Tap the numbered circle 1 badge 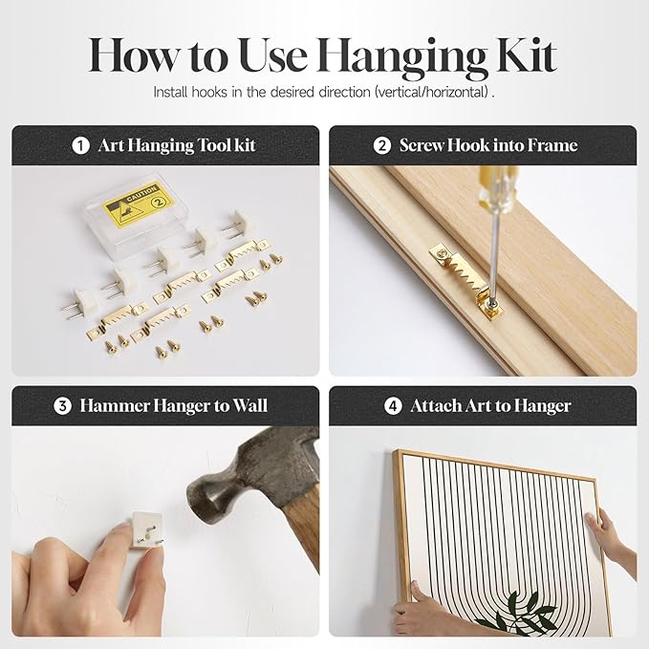pyautogui.click(x=80, y=145)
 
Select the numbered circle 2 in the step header pyautogui.click(x=381, y=145)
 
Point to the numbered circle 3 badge pyautogui.click(x=62, y=405)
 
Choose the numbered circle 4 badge pyautogui.click(x=393, y=405)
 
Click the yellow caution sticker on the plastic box pyautogui.click(x=138, y=204)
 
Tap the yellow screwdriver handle pyautogui.click(x=490, y=187)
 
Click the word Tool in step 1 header pyautogui.click(x=213, y=145)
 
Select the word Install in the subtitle pyautogui.click(x=170, y=92)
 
